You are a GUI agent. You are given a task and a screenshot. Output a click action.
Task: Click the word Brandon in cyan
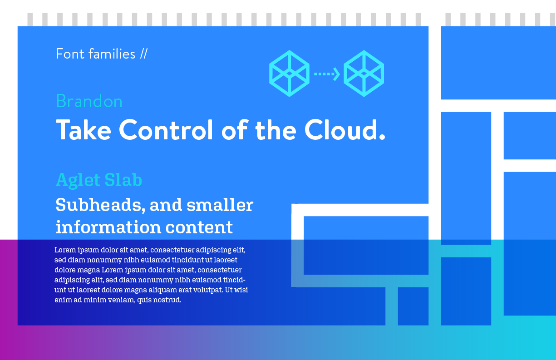click(x=89, y=101)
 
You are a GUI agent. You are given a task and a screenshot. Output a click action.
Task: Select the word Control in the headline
click(x=166, y=130)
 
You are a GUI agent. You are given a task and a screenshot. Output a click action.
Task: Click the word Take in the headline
click(x=84, y=130)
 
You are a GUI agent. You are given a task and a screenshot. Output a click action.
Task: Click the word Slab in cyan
click(x=123, y=179)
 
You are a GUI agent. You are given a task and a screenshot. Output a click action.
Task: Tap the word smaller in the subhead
click(x=220, y=205)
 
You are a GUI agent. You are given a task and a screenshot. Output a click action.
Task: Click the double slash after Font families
click(x=144, y=54)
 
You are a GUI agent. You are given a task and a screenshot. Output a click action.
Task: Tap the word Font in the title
click(x=70, y=54)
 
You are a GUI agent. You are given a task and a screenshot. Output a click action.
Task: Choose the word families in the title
click(x=112, y=54)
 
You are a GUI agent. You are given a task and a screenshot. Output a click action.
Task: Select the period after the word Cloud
click(x=382, y=137)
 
